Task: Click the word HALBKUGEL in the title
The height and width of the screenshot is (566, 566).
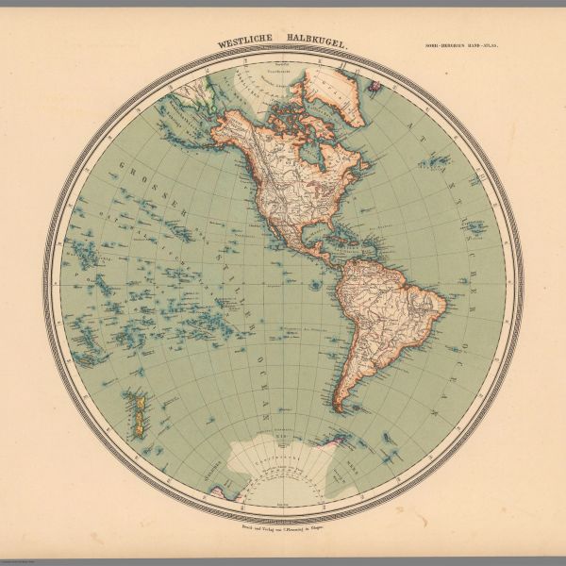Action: [316, 42]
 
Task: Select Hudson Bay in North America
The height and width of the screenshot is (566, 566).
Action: [310, 157]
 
